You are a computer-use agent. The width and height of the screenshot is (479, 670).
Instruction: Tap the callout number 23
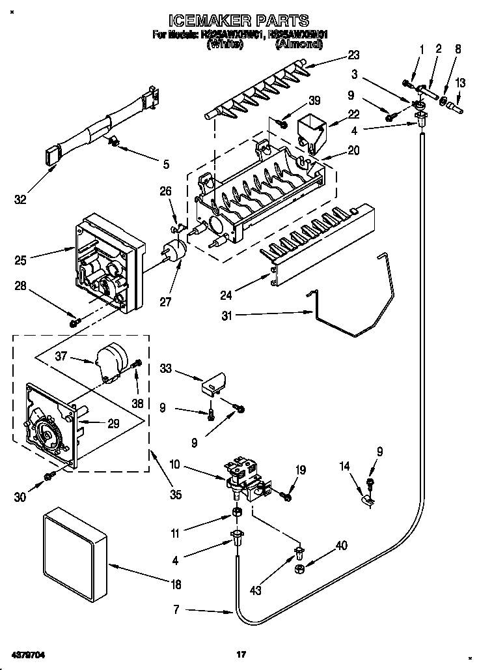click(353, 55)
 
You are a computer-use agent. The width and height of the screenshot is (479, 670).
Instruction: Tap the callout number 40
click(342, 546)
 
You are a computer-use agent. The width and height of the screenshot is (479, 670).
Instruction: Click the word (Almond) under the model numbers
click(299, 44)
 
